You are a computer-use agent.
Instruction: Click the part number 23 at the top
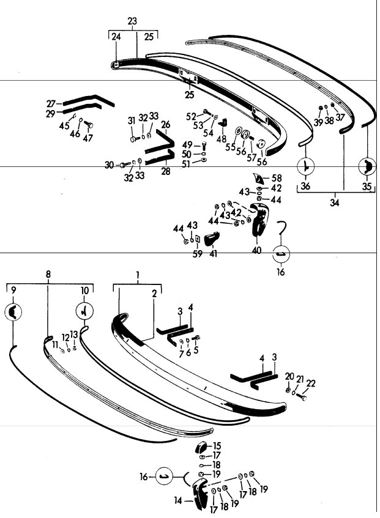click(132, 21)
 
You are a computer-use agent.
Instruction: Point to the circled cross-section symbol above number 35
click(367, 166)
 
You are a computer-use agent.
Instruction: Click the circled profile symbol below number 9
click(14, 313)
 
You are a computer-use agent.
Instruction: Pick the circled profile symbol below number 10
click(83, 312)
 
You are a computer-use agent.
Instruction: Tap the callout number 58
click(277, 178)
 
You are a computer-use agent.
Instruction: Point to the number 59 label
click(198, 254)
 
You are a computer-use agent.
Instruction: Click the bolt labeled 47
click(89, 126)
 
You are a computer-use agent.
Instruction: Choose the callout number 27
click(51, 103)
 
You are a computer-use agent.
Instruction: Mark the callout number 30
click(110, 165)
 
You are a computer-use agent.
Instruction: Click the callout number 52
click(191, 116)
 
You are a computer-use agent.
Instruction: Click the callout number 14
click(179, 500)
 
